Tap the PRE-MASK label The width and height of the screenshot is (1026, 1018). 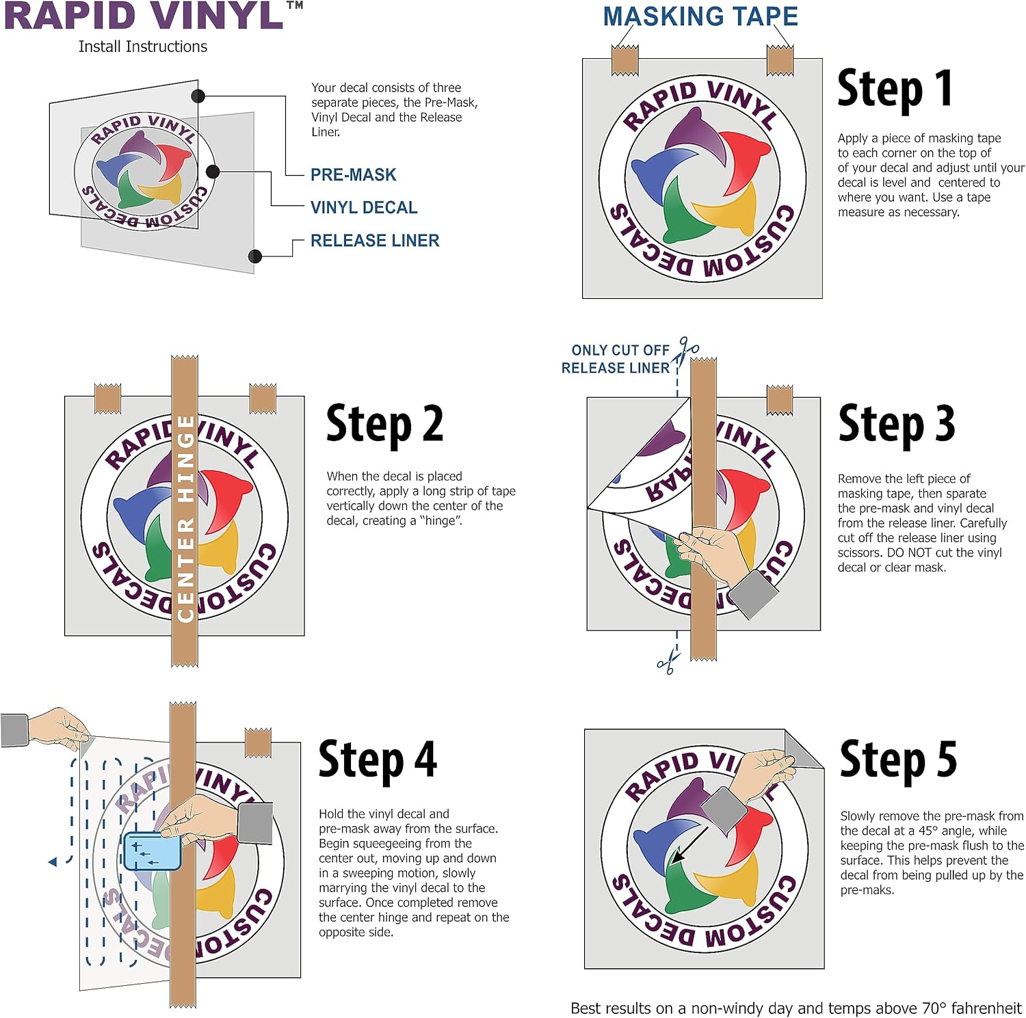tap(354, 175)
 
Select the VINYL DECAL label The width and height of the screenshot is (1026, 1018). tap(364, 208)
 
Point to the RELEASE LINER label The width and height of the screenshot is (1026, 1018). tap(375, 241)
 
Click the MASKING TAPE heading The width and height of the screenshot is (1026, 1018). tap(700, 16)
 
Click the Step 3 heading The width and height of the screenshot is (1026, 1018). tap(897, 424)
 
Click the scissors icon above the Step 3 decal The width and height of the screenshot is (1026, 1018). tap(685, 351)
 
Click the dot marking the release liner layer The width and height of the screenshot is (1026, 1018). tap(255, 256)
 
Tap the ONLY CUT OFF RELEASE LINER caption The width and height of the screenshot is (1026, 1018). tap(615, 359)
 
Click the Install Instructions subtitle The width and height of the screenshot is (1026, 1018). tap(143, 46)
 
